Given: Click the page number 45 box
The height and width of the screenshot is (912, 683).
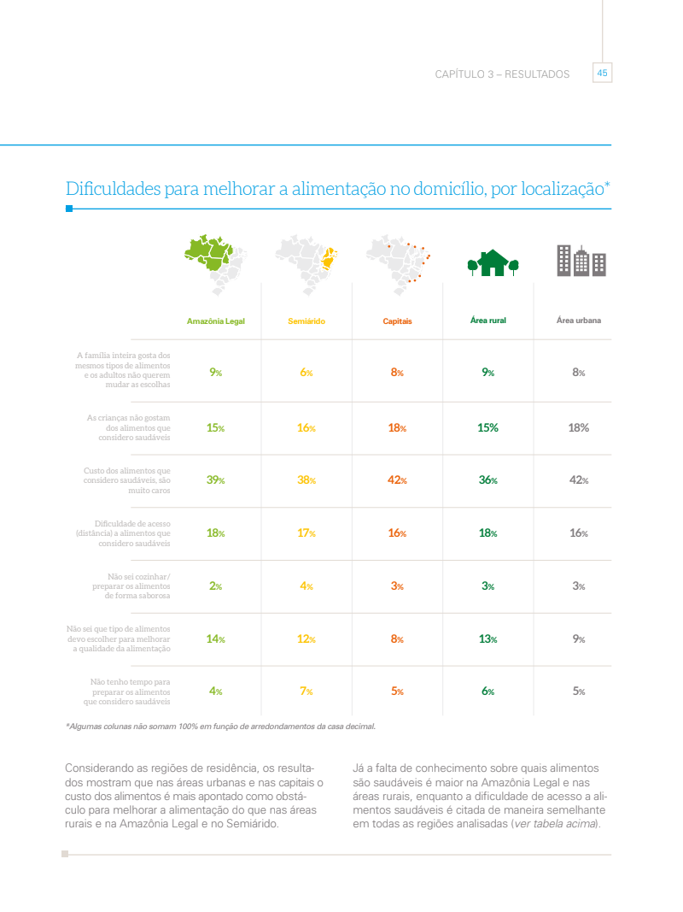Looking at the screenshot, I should tap(602, 74).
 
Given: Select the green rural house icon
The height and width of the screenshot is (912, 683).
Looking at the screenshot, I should tap(493, 262).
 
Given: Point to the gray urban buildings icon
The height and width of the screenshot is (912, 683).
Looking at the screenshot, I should tap(581, 261).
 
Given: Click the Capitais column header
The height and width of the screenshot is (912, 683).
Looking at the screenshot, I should tap(397, 321).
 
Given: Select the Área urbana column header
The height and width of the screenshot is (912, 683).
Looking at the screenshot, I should tap(578, 321).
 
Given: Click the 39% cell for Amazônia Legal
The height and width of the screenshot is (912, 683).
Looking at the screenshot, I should tap(215, 480).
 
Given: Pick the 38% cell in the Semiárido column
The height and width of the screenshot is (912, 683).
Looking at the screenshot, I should tap(306, 480).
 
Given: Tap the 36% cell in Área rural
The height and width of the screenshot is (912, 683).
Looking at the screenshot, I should tap(488, 480).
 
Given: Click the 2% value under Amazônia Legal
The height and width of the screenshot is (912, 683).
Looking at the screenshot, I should tap(215, 586).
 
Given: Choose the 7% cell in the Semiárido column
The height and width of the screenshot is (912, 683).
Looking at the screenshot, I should tap(306, 691).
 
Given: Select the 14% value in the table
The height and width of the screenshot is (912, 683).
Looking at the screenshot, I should tap(215, 639).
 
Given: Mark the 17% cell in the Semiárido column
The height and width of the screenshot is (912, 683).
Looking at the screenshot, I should tap(306, 533).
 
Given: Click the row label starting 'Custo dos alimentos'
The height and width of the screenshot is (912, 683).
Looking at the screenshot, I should tap(128, 480).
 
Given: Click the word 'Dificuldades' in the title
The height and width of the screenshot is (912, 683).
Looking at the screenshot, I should tap(114, 189).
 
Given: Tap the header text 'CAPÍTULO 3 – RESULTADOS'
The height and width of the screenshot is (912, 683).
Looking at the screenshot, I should tap(502, 74).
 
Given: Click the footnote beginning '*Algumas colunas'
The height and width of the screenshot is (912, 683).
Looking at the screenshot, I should tap(220, 727).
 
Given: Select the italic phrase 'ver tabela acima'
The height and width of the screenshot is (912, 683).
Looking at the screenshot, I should tap(554, 824).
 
